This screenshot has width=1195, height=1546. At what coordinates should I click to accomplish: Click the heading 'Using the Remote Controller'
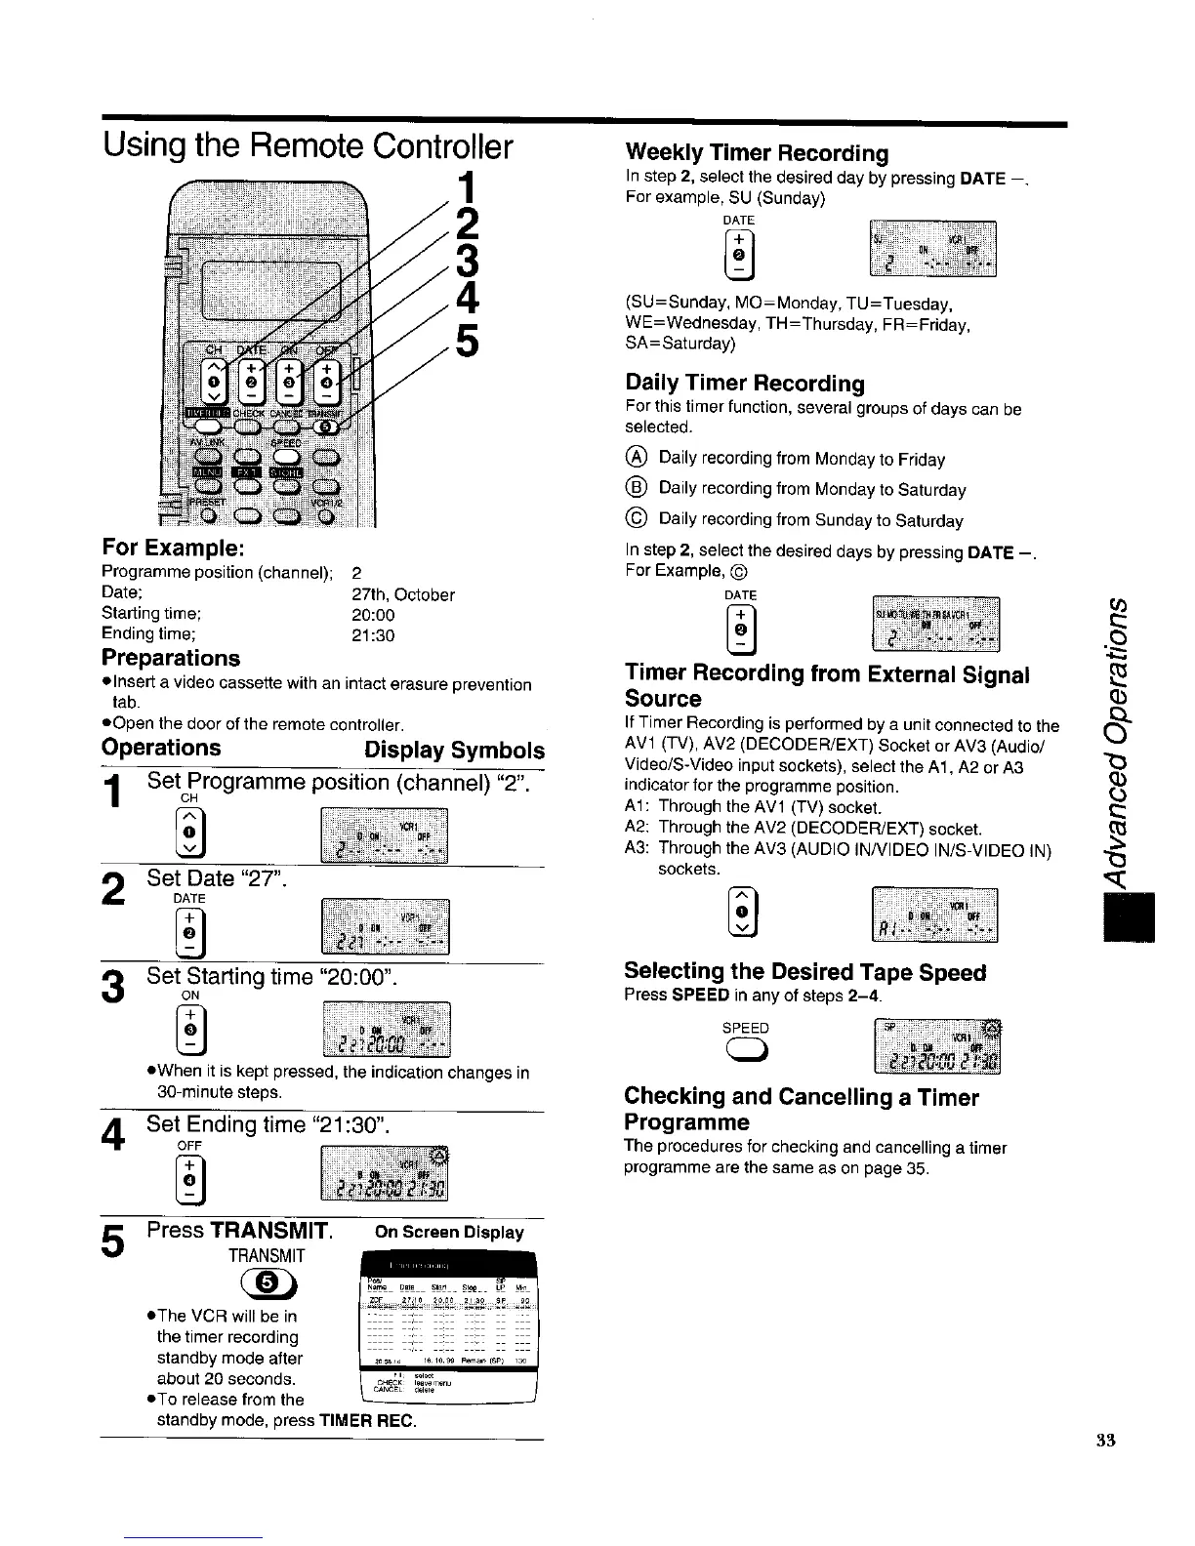click(308, 146)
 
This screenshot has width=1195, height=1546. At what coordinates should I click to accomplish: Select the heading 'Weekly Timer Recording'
click(757, 153)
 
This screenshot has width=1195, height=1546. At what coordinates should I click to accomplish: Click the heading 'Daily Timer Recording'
click(744, 383)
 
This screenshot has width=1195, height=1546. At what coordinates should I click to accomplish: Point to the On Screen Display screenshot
click(446, 1326)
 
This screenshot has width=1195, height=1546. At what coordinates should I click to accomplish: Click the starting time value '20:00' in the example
click(373, 615)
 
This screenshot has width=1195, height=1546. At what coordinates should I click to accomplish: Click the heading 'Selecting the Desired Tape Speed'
click(804, 972)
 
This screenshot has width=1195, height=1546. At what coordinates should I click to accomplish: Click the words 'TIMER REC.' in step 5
click(368, 1420)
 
